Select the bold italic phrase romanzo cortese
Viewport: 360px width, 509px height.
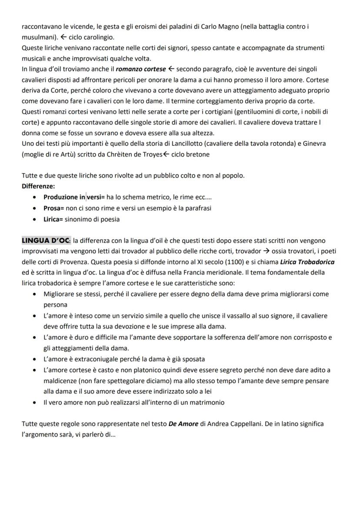tap(141, 69)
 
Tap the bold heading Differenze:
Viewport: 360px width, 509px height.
tap(38, 186)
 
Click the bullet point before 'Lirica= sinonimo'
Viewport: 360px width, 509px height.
tap(35, 219)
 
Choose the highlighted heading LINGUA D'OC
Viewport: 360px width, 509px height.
tap(46, 241)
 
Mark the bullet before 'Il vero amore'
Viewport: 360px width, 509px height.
tap(35, 402)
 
